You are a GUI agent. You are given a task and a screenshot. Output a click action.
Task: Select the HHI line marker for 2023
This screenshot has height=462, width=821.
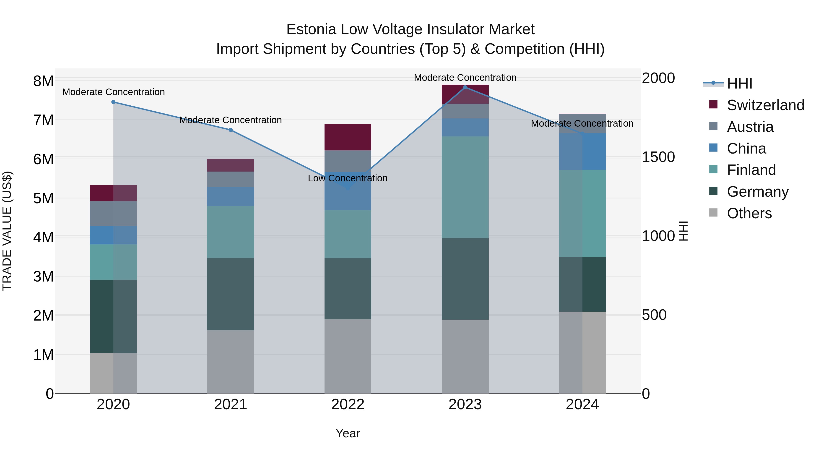pyautogui.click(x=465, y=87)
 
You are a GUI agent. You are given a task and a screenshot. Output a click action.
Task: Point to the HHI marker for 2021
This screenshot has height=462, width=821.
pyautogui.click(x=230, y=130)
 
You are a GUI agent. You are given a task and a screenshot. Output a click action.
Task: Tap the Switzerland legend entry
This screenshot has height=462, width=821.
pyautogui.click(x=765, y=105)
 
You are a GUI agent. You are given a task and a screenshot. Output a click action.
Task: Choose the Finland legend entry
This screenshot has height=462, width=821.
pyautogui.click(x=751, y=170)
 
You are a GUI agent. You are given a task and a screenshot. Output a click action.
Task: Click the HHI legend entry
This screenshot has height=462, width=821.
pyautogui.click(x=739, y=83)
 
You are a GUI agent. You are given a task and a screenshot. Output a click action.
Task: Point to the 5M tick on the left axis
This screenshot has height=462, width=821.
pyautogui.click(x=43, y=198)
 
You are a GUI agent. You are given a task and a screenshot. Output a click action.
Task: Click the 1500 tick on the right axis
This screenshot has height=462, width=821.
pyautogui.click(x=658, y=157)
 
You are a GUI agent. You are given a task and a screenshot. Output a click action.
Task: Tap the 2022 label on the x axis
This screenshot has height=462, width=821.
pyautogui.click(x=348, y=404)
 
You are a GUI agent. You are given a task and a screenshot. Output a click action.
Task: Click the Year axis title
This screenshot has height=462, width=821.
pyautogui.click(x=348, y=433)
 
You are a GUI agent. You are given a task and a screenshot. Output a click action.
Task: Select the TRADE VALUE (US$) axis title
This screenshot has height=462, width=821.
pyautogui.click(x=7, y=231)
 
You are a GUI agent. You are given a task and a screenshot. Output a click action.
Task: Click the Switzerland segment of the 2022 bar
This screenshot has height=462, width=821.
pyautogui.click(x=348, y=137)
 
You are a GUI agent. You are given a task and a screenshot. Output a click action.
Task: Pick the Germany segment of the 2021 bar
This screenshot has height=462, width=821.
pyautogui.click(x=230, y=294)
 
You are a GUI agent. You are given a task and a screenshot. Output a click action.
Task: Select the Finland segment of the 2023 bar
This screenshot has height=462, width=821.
pyautogui.click(x=465, y=187)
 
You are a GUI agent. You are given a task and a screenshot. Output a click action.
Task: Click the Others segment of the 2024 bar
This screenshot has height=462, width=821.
pyautogui.click(x=582, y=352)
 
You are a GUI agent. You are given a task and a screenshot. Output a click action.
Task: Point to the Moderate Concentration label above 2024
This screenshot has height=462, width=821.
pyautogui.click(x=582, y=123)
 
